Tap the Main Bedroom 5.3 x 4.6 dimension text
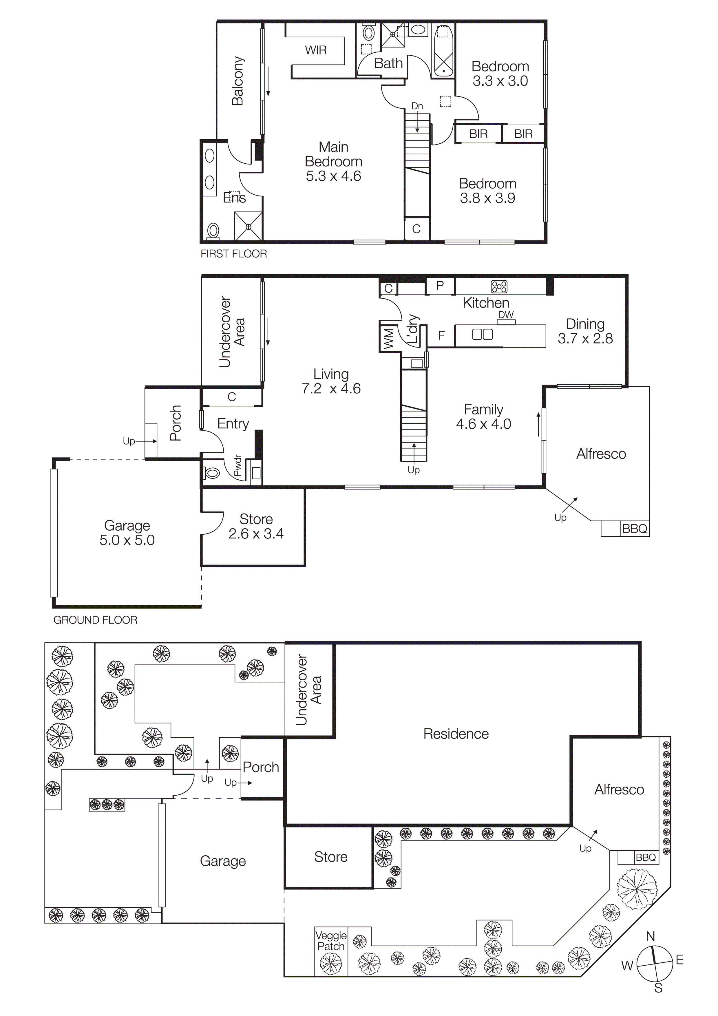(334, 176)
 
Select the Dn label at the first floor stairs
(417, 106)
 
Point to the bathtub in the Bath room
(443, 51)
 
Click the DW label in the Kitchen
(506, 315)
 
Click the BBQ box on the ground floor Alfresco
(634, 529)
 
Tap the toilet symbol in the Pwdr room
(212, 473)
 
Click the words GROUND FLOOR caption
(95, 620)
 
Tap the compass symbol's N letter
(650, 936)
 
